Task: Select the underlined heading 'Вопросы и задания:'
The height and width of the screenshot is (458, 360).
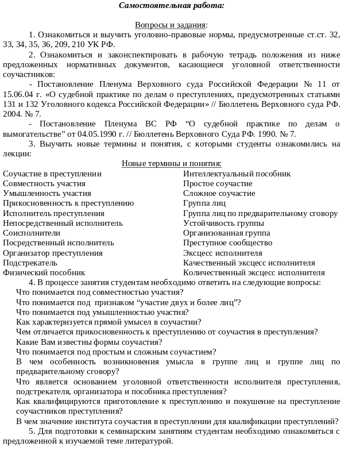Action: (171, 25)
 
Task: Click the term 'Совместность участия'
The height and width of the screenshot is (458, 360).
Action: (44, 184)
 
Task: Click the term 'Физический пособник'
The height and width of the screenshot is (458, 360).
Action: (44, 273)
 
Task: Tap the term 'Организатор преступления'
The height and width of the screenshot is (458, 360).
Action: (53, 253)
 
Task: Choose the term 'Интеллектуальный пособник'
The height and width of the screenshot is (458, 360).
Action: (237, 174)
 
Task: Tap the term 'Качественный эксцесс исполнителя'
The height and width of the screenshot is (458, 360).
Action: (249, 263)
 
